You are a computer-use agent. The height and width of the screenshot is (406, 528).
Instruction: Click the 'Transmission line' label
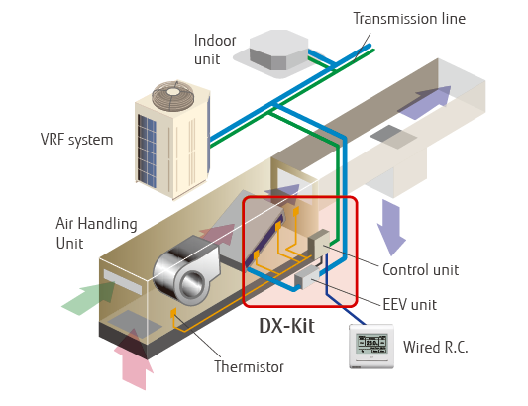tap(409, 18)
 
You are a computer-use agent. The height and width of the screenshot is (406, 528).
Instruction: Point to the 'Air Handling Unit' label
tap(96, 233)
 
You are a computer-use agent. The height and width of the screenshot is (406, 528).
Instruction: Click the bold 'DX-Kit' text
tap(286, 325)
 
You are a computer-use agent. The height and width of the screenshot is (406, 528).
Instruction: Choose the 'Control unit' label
tap(419, 269)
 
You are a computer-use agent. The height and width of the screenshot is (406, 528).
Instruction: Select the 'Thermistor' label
tap(249, 367)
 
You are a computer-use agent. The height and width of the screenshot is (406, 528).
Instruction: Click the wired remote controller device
tap(370, 348)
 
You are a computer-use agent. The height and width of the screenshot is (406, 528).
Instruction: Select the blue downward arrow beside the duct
tap(391, 230)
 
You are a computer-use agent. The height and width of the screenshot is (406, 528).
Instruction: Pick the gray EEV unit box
tap(304, 272)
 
